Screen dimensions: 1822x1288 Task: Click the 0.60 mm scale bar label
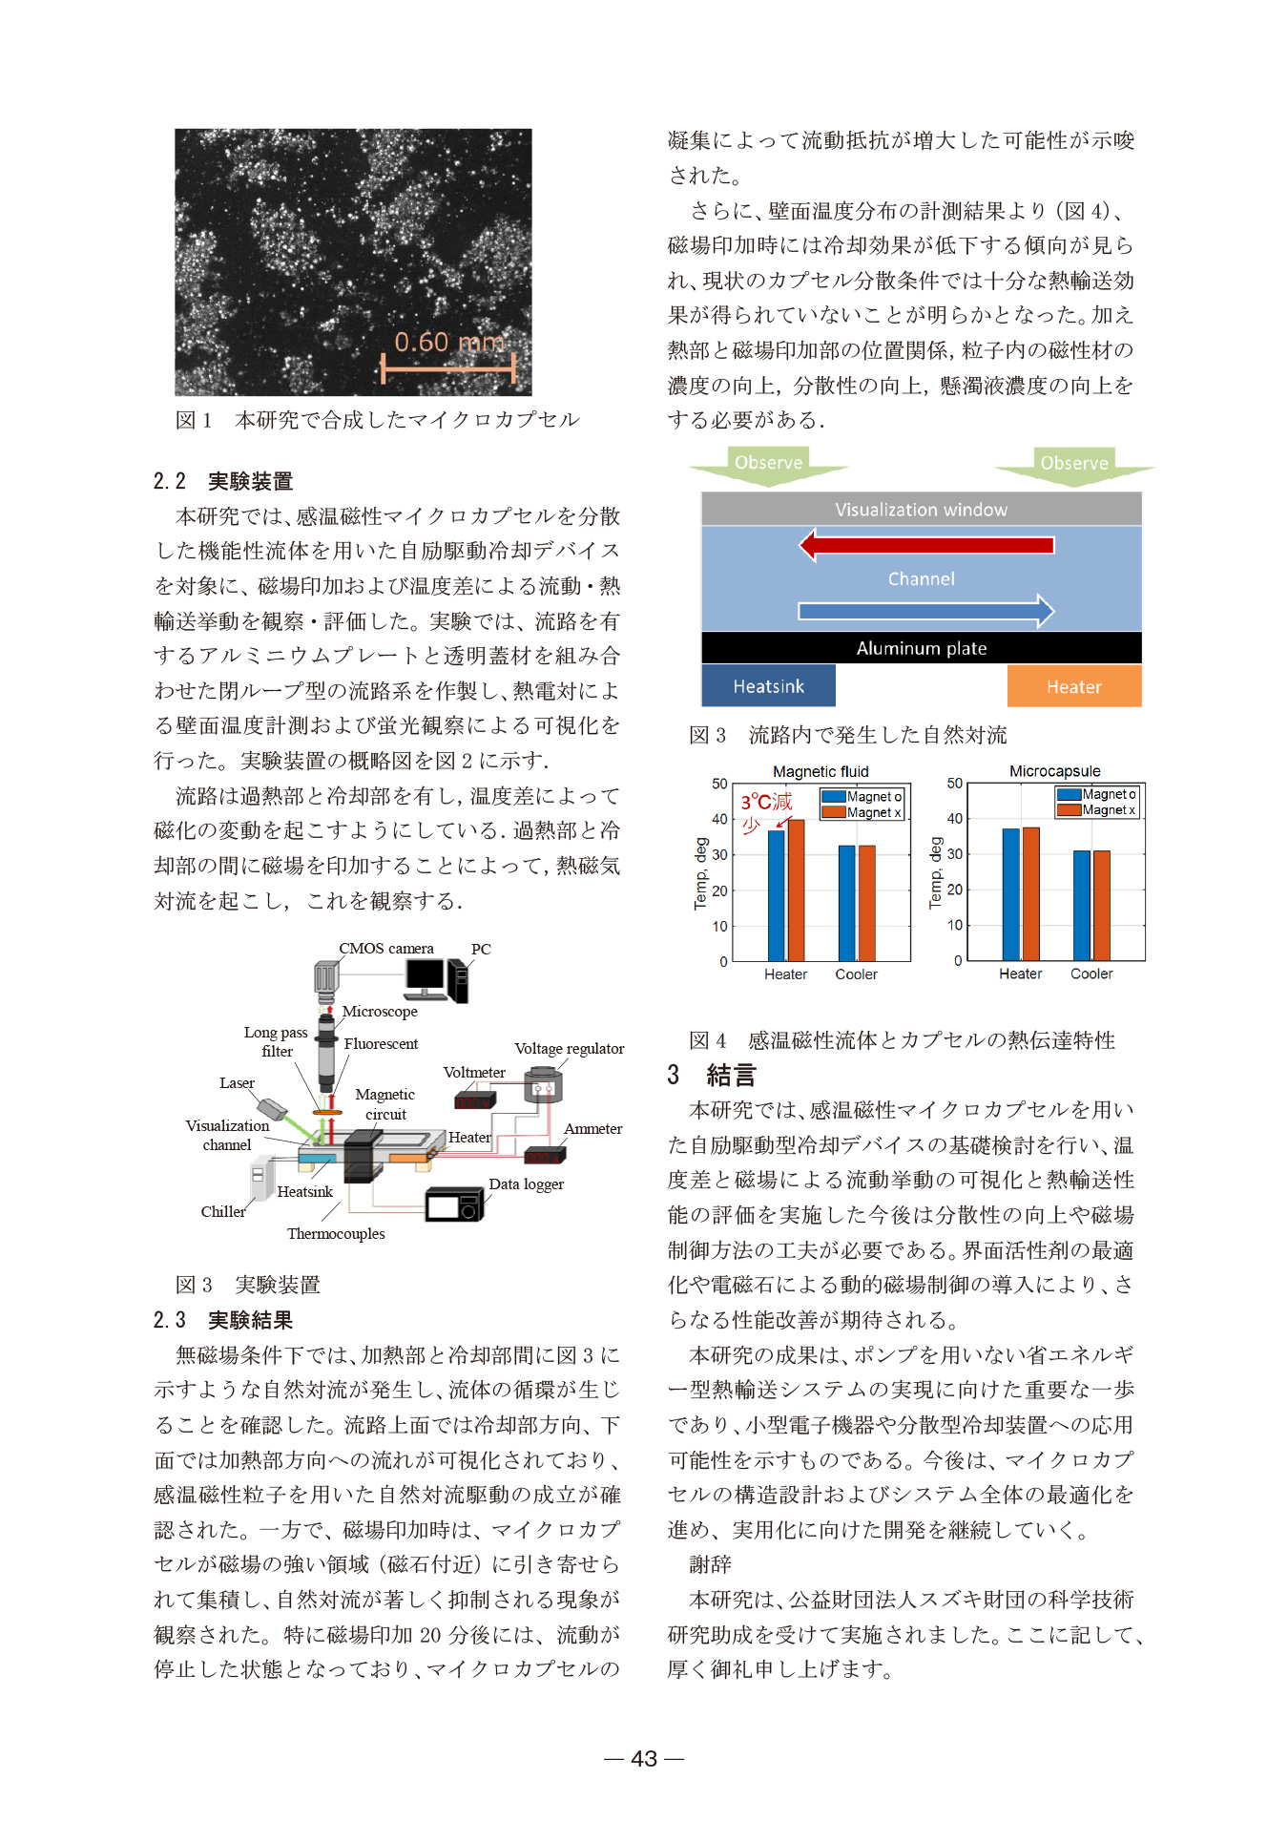[448, 342]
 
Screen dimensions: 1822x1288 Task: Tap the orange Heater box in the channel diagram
[1073, 686]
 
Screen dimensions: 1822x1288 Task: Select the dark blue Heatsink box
[768, 686]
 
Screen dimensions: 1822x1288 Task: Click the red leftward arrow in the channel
[925, 545]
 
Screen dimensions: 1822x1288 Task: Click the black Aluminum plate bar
[921, 648]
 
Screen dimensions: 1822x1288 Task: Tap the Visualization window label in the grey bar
[921, 510]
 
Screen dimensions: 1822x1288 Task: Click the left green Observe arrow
[768, 465]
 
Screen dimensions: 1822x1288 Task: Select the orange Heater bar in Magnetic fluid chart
[796, 890]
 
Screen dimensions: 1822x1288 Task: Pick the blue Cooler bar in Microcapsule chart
[1081, 905]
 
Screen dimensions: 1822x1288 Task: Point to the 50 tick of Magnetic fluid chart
[719, 784]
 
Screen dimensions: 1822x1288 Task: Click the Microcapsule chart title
[1054, 771]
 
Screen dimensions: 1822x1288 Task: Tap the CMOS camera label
[386, 949]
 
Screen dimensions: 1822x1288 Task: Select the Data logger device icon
[454, 1204]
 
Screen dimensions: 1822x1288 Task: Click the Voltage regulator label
[569, 1049]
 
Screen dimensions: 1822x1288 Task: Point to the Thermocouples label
[336, 1234]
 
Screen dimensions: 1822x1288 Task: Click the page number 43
[644, 1758]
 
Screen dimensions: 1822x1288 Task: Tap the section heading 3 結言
[712, 1076]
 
